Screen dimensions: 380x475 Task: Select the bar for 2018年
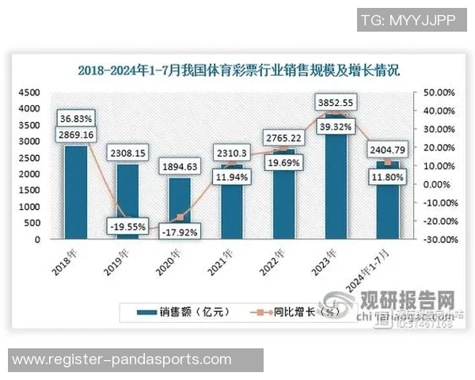76,194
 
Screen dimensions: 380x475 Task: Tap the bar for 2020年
180,207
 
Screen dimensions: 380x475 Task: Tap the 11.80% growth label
387,178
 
